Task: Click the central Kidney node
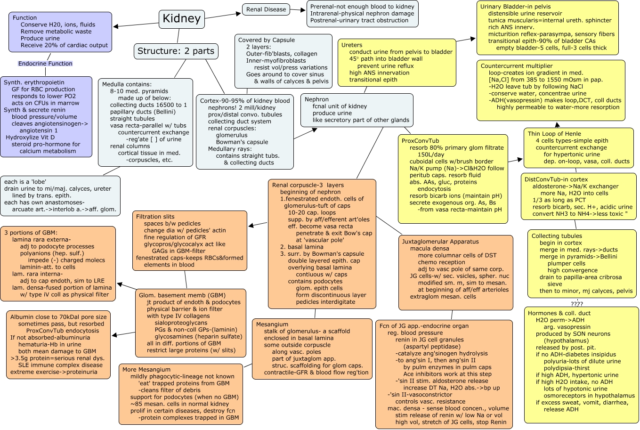pyautogui.click(x=181, y=19)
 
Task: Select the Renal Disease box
pyautogui.click(x=266, y=9)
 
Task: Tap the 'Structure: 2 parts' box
pyautogui.click(x=176, y=51)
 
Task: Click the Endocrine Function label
pyautogui.click(x=45, y=64)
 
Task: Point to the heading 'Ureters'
pyautogui.click(x=352, y=45)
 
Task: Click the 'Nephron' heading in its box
pyautogui.click(x=316, y=99)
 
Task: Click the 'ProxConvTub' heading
pyautogui.click(x=420, y=141)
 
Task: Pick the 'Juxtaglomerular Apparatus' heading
pyautogui.click(x=440, y=242)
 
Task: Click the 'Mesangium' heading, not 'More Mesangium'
pyautogui.click(x=272, y=325)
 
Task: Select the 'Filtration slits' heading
pyautogui.click(x=155, y=217)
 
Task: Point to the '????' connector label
pyautogui.click(x=577, y=304)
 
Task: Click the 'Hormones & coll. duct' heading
pyautogui.click(x=559, y=313)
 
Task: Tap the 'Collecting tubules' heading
pyautogui.click(x=557, y=236)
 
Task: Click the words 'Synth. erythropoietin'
pyautogui.click(x=34, y=82)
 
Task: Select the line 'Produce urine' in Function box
pyautogui.click(x=40, y=39)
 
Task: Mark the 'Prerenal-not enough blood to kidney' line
pyautogui.click(x=362, y=7)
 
